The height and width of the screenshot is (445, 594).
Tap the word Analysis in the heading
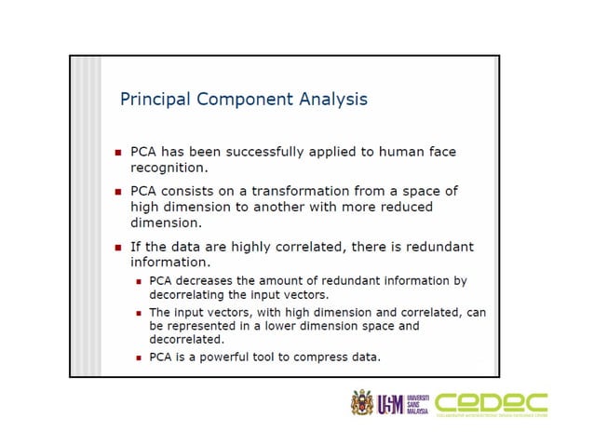pos(331,99)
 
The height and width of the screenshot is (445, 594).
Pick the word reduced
pos(401,207)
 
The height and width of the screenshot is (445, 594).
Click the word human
pos(398,152)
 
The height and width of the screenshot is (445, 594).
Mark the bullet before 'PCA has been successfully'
pos(117,152)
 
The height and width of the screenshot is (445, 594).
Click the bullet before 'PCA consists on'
pos(117,191)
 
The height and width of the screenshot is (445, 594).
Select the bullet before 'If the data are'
pos(117,248)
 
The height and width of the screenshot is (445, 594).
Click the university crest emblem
pos(361,403)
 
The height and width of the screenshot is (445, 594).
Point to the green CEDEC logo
pos(491,402)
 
